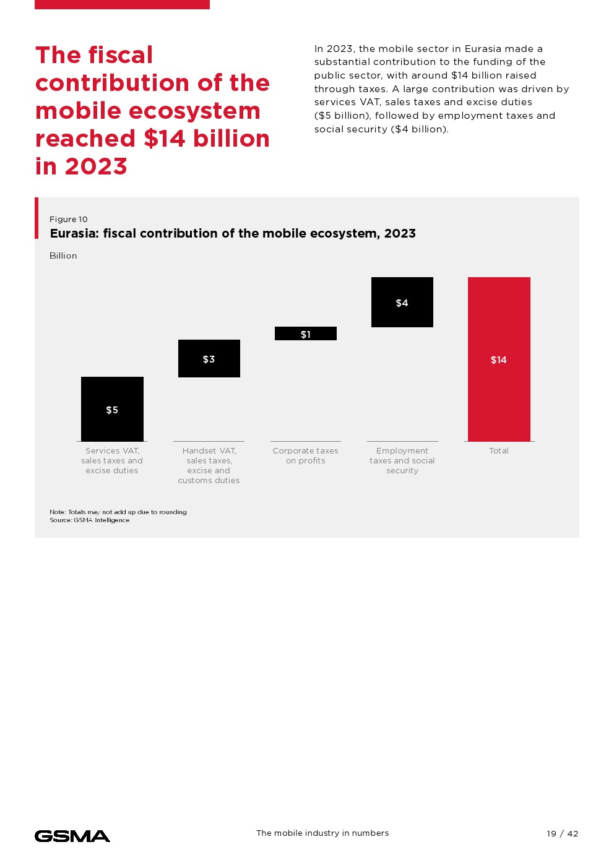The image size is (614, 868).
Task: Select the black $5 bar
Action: (112, 396)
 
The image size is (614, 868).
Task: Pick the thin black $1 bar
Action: (306, 333)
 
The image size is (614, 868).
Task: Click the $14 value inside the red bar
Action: (499, 360)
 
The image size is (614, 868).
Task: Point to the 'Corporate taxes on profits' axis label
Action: (306, 456)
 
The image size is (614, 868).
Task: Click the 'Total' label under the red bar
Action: (499, 451)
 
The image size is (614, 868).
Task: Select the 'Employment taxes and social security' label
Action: (402, 461)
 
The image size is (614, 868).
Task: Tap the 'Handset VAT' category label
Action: (209, 465)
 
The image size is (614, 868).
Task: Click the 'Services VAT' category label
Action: (112, 461)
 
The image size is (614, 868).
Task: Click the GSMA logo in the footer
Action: (72, 836)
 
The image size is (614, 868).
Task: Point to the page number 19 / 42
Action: (562, 833)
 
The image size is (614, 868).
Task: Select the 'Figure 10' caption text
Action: (69, 220)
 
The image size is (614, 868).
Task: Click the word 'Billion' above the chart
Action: (63, 256)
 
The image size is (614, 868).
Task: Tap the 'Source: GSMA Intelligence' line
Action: (90, 520)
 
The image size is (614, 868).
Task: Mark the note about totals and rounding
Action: (118, 512)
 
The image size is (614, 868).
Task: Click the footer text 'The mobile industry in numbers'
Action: (322, 833)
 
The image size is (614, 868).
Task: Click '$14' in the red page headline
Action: (165, 139)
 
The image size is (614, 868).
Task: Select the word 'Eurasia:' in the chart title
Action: (74, 234)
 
